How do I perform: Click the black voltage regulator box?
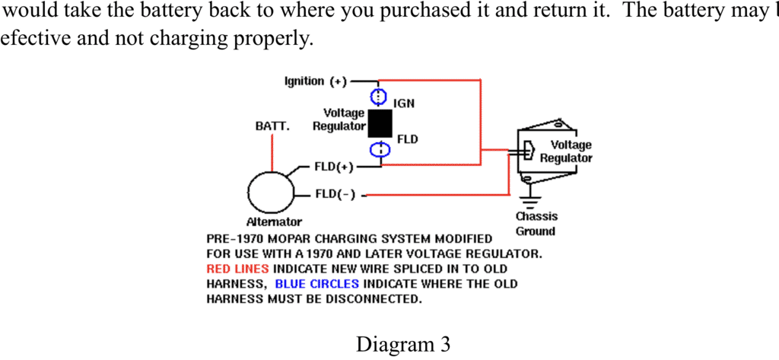pyautogui.click(x=380, y=123)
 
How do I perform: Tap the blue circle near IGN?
pyautogui.click(x=379, y=97)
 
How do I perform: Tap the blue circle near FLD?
pyautogui.click(x=379, y=149)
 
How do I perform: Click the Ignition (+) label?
pyautogui.click(x=315, y=81)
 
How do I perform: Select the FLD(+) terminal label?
pyautogui.click(x=334, y=167)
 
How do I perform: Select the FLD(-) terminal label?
pyautogui.click(x=335, y=194)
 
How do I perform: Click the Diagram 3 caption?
pyautogui.click(x=403, y=344)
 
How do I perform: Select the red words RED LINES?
pyautogui.click(x=237, y=269)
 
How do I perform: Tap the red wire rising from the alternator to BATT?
pyautogui.click(x=272, y=155)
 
